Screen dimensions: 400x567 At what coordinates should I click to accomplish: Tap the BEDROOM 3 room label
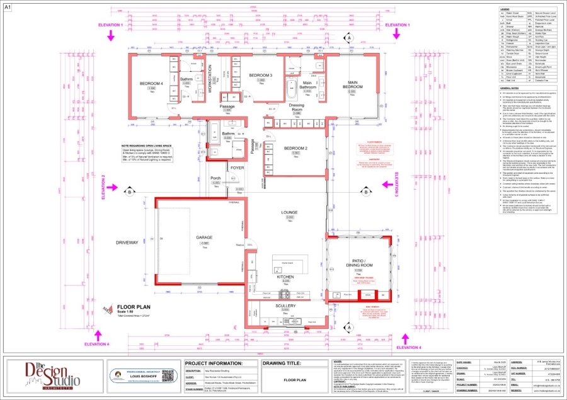coord(260,76)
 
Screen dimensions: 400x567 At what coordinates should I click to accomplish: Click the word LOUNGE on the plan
coord(289,213)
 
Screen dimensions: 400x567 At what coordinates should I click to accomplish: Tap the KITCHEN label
coord(286,277)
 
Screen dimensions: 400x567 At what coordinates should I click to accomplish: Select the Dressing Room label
coord(296,108)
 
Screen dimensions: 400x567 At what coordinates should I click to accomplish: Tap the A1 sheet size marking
coord(8,6)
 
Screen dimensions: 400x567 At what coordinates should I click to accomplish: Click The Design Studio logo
coord(53,374)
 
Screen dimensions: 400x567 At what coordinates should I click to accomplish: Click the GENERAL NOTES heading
coord(495,89)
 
